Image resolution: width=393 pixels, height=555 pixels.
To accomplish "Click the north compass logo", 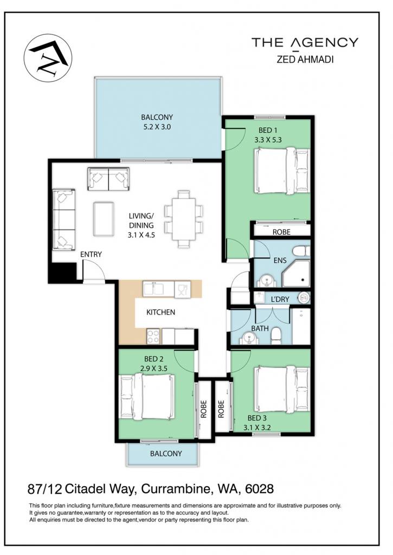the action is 48,58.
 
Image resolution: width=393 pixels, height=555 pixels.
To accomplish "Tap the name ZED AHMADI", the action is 305,59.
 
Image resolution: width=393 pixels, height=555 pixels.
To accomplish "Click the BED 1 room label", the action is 268,130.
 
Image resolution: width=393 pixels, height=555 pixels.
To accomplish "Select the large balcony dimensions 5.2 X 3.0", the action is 157,126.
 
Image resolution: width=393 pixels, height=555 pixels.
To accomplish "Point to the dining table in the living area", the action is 184,218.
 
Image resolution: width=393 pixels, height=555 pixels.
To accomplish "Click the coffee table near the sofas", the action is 104,218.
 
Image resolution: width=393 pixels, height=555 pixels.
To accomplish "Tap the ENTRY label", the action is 91,254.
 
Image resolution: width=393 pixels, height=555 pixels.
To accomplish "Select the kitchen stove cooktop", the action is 153,336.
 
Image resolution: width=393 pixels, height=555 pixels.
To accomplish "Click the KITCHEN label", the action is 161,312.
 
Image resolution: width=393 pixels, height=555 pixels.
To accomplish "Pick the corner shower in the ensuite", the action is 295,274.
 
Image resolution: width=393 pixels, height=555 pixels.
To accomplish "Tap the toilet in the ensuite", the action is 301,251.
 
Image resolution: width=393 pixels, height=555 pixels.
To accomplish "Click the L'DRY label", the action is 280,299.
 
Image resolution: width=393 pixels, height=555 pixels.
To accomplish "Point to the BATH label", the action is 260,328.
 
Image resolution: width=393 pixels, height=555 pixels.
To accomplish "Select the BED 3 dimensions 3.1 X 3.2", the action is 257,427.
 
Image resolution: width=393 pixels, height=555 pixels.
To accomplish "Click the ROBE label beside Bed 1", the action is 281,232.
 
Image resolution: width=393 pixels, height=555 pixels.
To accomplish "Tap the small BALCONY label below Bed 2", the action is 166,454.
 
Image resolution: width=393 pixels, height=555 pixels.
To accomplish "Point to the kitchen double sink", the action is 153,289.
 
